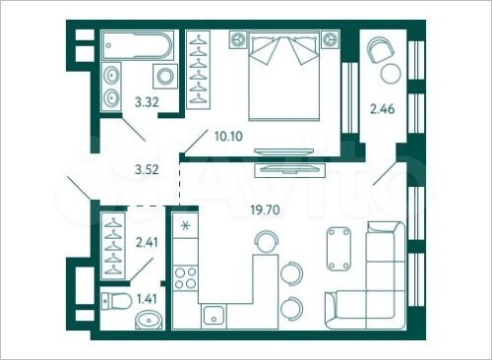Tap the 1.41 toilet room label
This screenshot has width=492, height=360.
point(145,297)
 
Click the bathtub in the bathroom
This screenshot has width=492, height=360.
point(139,44)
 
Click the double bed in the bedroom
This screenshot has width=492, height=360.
point(285,74)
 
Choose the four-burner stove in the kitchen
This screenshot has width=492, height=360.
point(185,276)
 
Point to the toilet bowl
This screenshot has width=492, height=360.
point(114,300)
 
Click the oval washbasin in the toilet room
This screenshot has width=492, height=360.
point(148,319)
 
